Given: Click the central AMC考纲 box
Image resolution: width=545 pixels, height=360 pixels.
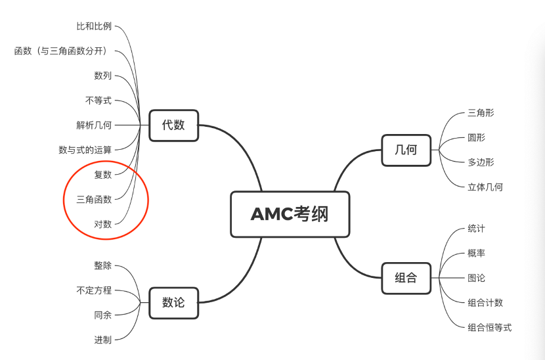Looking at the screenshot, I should tap(290, 214).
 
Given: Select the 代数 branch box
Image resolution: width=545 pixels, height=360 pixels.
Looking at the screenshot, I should tap(173, 125).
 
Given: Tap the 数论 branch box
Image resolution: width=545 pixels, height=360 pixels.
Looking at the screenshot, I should tap(173, 302).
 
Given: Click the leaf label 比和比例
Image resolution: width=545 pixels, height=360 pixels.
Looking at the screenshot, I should tap(94, 26).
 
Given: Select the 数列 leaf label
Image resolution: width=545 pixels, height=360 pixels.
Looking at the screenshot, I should tap(103, 76).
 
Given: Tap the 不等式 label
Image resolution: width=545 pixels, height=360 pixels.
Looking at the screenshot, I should tap(98, 101).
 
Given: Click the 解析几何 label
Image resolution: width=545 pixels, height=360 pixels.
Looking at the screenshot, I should tap(94, 125).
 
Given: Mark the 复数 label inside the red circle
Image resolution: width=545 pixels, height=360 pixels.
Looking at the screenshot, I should tap(103, 174).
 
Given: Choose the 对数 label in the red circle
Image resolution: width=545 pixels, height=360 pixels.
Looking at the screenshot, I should tap(103, 224).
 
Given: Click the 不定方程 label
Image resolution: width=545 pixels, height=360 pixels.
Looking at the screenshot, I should tap(94, 290).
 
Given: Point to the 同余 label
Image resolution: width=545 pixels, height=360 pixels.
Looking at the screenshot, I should tap(103, 315).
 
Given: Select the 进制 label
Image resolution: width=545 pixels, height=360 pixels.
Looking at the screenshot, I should tap(103, 340).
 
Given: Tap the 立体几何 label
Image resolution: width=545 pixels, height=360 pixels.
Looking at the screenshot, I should tap(485, 187).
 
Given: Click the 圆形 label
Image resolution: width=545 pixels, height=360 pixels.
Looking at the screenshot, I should tap(477, 138).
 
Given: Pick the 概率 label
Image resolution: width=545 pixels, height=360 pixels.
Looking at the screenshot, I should tap(477, 253).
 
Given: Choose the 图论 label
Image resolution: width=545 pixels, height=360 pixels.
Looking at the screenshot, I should tap(477, 278).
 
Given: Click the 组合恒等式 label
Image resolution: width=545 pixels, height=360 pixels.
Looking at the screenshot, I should tap(490, 327).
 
